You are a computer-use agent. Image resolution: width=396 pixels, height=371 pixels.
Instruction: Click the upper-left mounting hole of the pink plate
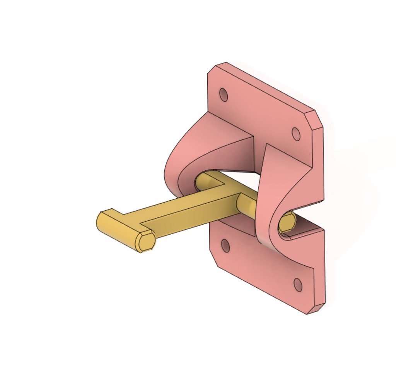[224, 95]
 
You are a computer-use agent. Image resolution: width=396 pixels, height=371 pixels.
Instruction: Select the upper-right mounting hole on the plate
[296, 134]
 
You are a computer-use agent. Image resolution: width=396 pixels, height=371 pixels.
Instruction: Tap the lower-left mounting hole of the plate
[225, 245]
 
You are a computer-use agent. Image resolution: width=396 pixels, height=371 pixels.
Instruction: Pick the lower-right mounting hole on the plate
[298, 285]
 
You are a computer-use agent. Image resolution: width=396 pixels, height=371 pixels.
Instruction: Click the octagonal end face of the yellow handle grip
[146, 241]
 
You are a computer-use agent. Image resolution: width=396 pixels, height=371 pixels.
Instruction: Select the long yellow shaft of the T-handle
[186, 217]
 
